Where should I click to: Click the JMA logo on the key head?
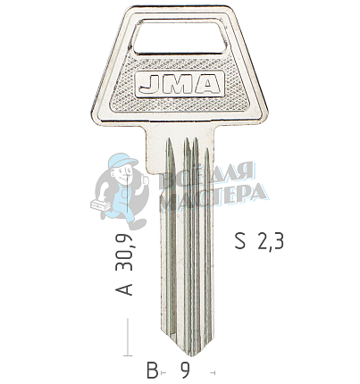coord(179,86)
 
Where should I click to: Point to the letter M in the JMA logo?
coord(178,86)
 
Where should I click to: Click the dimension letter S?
coord(239,239)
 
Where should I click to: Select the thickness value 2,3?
coord(270,239)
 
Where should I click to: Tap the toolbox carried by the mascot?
coord(100,206)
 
